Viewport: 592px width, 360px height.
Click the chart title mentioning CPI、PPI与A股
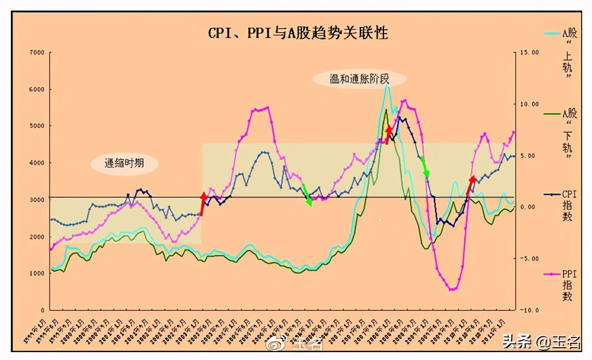[298, 33]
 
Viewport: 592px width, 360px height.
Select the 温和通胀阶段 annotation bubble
[360, 78]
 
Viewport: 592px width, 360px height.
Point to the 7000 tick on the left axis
[37, 52]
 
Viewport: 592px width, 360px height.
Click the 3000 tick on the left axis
[37, 200]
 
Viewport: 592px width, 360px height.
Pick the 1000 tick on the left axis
[37, 273]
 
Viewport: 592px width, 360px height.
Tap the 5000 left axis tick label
[37, 126]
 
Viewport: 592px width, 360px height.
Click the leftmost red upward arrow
[203, 204]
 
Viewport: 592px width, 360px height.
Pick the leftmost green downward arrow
[307, 195]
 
